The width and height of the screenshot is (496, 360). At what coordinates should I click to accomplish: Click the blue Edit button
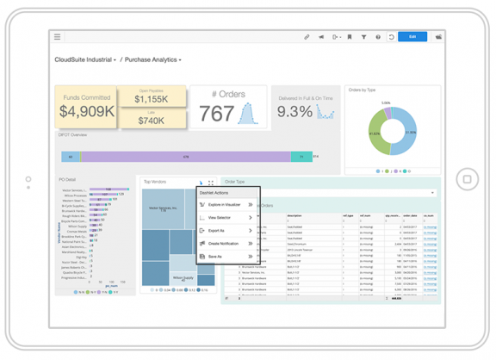pyautogui.click(x=412, y=37)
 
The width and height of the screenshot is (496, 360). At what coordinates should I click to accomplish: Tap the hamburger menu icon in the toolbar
pyautogui.click(x=58, y=37)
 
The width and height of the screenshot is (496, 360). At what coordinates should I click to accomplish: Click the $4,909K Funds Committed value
pyautogui.click(x=86, y=111)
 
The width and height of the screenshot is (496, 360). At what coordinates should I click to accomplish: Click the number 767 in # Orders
pyautogui.click(x=216, y=113)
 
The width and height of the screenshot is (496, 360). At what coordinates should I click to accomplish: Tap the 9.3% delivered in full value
pyautogui.click(x=294, y=112)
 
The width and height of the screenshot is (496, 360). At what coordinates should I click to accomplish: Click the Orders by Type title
pyautogui.click(x=362, y=90)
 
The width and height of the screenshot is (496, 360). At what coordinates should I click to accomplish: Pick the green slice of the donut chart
pyautogui.click(x=376, y=136)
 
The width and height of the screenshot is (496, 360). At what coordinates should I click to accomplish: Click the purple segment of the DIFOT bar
pyautogui.click(x=185, y=157)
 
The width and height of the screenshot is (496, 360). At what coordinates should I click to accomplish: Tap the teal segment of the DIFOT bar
pyautogui.click(x=301, y=157)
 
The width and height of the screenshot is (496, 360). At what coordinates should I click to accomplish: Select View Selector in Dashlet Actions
pyautogui.click(x=220, y=218)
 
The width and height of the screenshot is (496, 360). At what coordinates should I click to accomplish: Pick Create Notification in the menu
pyautogui.click(x=224, y=244)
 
